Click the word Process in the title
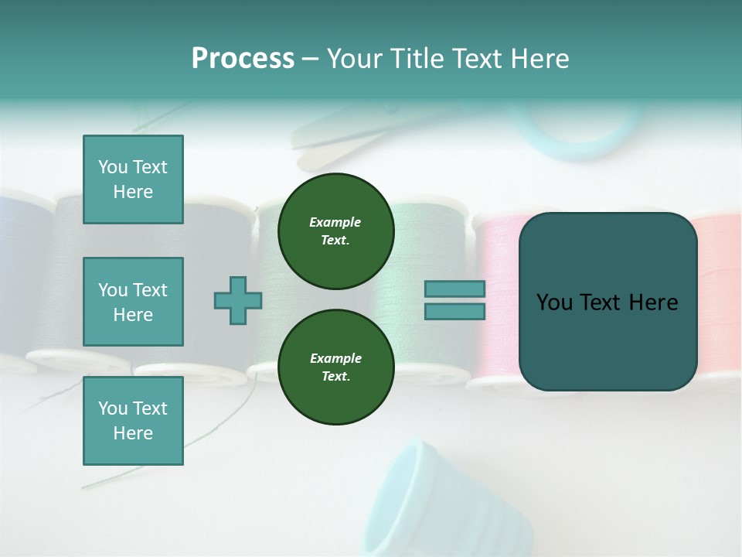243,59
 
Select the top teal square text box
133,179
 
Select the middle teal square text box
133,302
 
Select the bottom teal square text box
133,420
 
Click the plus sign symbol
238,301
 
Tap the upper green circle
335,231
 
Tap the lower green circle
335,367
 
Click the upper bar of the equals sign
454,289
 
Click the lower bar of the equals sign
454,311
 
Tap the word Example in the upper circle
335,222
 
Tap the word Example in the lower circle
335,358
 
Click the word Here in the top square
133,192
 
